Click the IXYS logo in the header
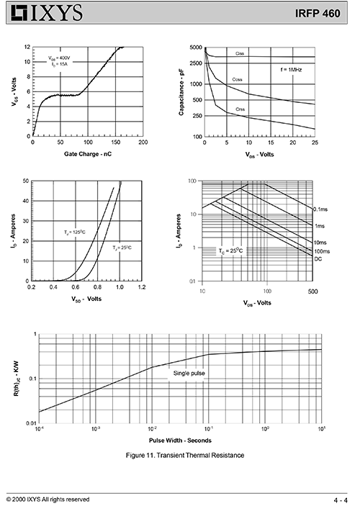click(47, 13)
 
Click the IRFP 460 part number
click(318, 13)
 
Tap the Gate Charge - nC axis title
click(88, 154)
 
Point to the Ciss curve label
click(240, 53)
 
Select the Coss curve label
click(237, 79)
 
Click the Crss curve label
click(240, 109)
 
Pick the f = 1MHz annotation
click(291, 70)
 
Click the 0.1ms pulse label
click(320, 209)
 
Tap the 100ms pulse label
click(322, 251)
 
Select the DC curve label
click(318, 259)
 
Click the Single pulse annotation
click(189, 374)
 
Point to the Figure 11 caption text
click(185, 456)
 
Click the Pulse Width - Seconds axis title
click(180, 441)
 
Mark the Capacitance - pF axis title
click(181, 92)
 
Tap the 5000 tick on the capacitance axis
click(196, 48)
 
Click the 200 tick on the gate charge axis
click(143, 143)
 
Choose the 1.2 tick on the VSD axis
click(142, 287)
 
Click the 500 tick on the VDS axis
click(313, 292)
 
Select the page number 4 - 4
click(341, 500)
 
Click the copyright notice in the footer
click(48, 500)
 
